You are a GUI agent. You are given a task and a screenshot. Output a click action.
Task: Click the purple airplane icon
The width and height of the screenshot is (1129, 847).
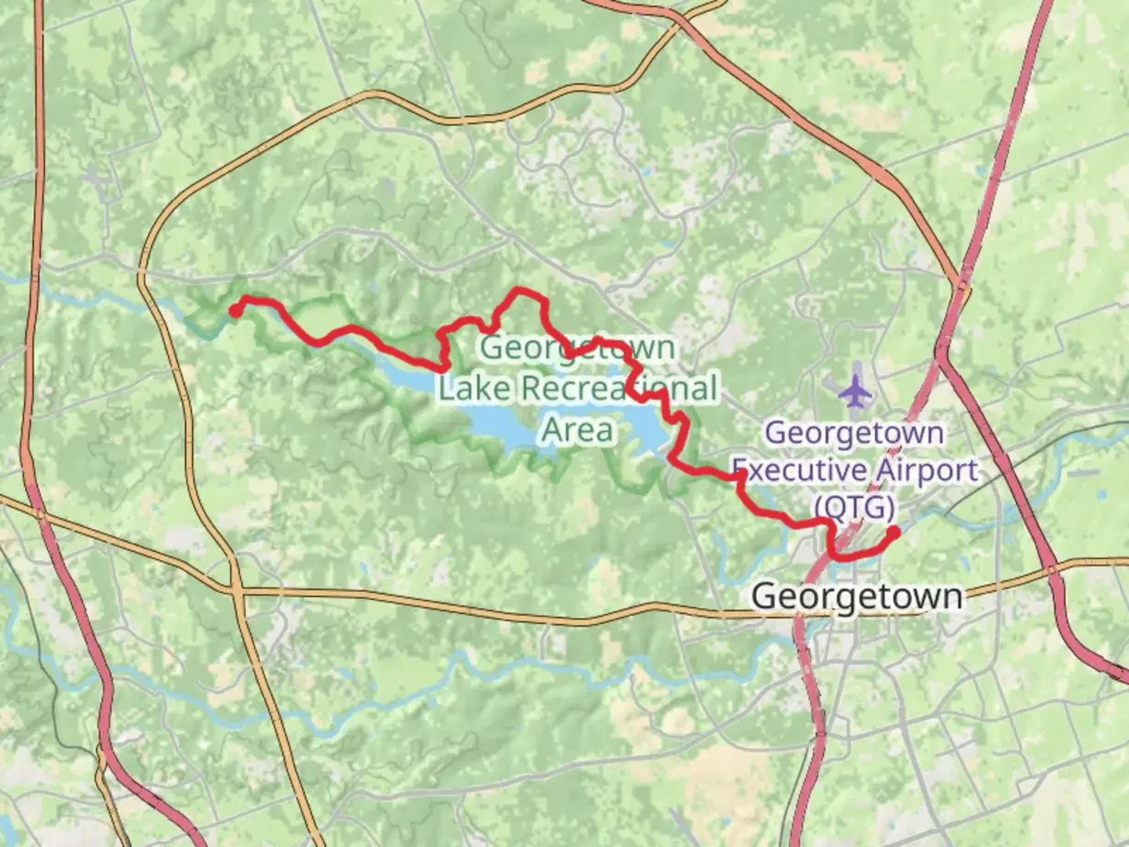coord(855,390)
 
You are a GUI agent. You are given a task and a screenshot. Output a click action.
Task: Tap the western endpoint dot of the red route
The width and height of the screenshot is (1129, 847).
coord(234,311)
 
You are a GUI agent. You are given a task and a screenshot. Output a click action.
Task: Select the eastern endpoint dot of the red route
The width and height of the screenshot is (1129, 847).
coord(892,533)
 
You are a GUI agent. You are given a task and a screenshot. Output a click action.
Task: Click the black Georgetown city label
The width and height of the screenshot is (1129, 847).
coord(857,596)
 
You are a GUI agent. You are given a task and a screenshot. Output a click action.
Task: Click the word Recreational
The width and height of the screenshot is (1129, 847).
coord(619,388)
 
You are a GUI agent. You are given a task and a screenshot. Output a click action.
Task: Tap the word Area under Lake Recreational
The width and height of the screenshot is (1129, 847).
coord(577,430)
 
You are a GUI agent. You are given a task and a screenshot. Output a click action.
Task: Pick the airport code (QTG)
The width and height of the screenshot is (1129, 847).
coord(855,507)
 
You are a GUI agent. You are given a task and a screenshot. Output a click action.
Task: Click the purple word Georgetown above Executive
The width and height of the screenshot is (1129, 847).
coord(854,433)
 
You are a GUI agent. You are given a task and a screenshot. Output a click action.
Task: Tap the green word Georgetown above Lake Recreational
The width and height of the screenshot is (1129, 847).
coord(577,347)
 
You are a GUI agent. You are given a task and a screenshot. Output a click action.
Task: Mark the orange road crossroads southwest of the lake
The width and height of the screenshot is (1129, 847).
coord(236,588)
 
